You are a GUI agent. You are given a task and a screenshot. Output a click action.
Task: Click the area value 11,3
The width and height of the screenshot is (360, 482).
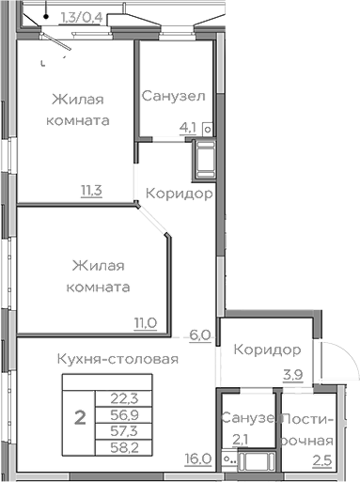click(x=92, y=190)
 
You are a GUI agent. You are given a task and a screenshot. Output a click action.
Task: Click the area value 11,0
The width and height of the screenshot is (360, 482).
click(x=145, y=323)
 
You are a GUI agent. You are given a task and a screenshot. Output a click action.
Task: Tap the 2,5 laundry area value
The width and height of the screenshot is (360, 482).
click(x=321, y=459)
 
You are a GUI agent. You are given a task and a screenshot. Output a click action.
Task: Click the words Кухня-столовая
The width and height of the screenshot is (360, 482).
click(x=117, y=358)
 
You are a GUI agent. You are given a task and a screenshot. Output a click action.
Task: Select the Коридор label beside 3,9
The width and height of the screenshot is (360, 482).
click(x=267, y=350)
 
